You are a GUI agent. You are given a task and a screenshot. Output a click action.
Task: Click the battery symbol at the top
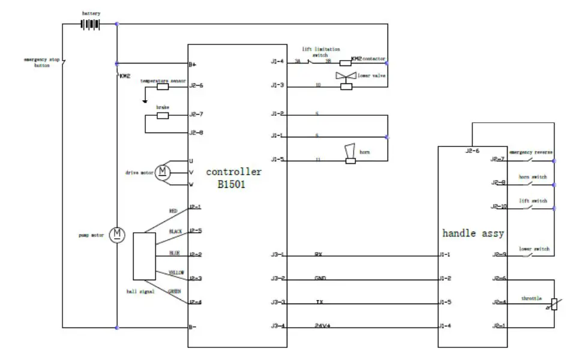(x=90, y=24)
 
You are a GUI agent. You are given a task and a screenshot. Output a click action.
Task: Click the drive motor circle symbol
(x=163, y=173)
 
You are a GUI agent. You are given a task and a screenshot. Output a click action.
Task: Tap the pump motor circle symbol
(x=118, y=234)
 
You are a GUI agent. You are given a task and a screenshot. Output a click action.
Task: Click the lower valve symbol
(x=346, y=76)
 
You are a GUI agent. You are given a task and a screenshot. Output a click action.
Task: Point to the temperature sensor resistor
(x=163, y=86)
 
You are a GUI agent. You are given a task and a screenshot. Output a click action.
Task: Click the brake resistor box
(x=163, y=115)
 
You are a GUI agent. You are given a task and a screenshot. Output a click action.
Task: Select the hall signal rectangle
(x=144, y=256)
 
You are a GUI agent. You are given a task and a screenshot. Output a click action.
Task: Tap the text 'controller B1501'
(x=233, y=178)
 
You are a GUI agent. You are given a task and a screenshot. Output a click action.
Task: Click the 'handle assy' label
(x=472, y=233)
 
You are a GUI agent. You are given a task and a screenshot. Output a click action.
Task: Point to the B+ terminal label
(x=193, y=64)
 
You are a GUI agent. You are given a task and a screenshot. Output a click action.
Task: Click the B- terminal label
(x=193, y=328)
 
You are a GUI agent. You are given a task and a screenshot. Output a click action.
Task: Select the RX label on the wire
(x=319, y=254)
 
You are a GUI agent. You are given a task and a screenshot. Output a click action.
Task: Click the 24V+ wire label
(x=323, y=326)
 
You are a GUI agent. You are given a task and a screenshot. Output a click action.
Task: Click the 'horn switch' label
(x=533, y=176)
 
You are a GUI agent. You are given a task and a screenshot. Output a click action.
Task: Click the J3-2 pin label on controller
(x=277, y=279)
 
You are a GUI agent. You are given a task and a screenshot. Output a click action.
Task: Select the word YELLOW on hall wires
(x=176, y=272)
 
